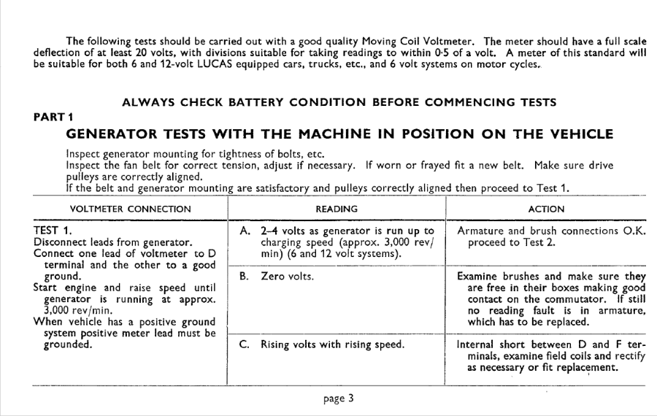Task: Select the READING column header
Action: click(x=336, y=209)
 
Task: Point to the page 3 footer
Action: click(x=339, y=398)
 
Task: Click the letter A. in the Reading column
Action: click(x=245, y=231)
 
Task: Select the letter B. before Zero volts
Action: click(x=245, y=277)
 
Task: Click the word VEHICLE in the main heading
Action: click(x=575, y=134)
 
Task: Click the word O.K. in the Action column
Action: click(x=634, y=231)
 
